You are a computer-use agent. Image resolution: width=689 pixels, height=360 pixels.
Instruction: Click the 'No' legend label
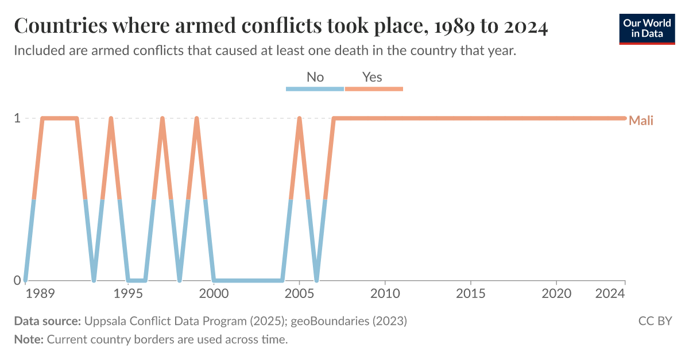click(x=315, y=77)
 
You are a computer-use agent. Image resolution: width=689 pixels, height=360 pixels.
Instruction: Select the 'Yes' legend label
click(x=372, y=77)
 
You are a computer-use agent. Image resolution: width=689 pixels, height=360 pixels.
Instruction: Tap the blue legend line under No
click(x=315, y=89)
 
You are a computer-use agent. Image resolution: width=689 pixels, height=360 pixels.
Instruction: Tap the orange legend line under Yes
click(x=374, y=89)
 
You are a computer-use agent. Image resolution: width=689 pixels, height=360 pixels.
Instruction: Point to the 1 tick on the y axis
click(x=17, y=118)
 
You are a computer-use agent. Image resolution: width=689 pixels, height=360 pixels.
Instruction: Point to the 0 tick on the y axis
click(x=17, y=280)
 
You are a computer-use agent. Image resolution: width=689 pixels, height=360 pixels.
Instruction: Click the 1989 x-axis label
click(x=40, y=294)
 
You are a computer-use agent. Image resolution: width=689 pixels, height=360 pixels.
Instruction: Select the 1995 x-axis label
click(x=128, y=294)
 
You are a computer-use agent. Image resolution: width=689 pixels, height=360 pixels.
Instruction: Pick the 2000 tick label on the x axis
click(x=214, y=294)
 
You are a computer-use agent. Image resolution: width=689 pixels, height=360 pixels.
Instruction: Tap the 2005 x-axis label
click(x=299, y=294)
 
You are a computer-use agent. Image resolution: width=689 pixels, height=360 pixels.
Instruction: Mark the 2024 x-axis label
click(x=610, y=294)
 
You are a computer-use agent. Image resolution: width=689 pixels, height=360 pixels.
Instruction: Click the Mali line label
click(x=641, y=121)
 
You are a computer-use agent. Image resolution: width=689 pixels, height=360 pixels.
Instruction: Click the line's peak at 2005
click(x=299, y=119)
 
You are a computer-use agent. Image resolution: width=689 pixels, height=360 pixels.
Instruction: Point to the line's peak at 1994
click(x=111, y=119)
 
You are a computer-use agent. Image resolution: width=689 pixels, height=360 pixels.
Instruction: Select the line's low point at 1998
click(x=180, y=280)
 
